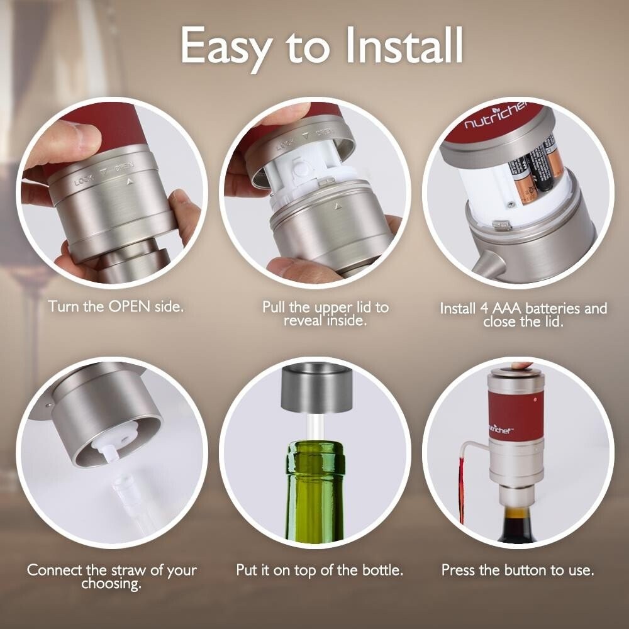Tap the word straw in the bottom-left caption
(x=129, y=571)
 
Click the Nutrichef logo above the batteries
(x=496, y=116)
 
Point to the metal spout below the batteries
(x=485, y=264)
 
